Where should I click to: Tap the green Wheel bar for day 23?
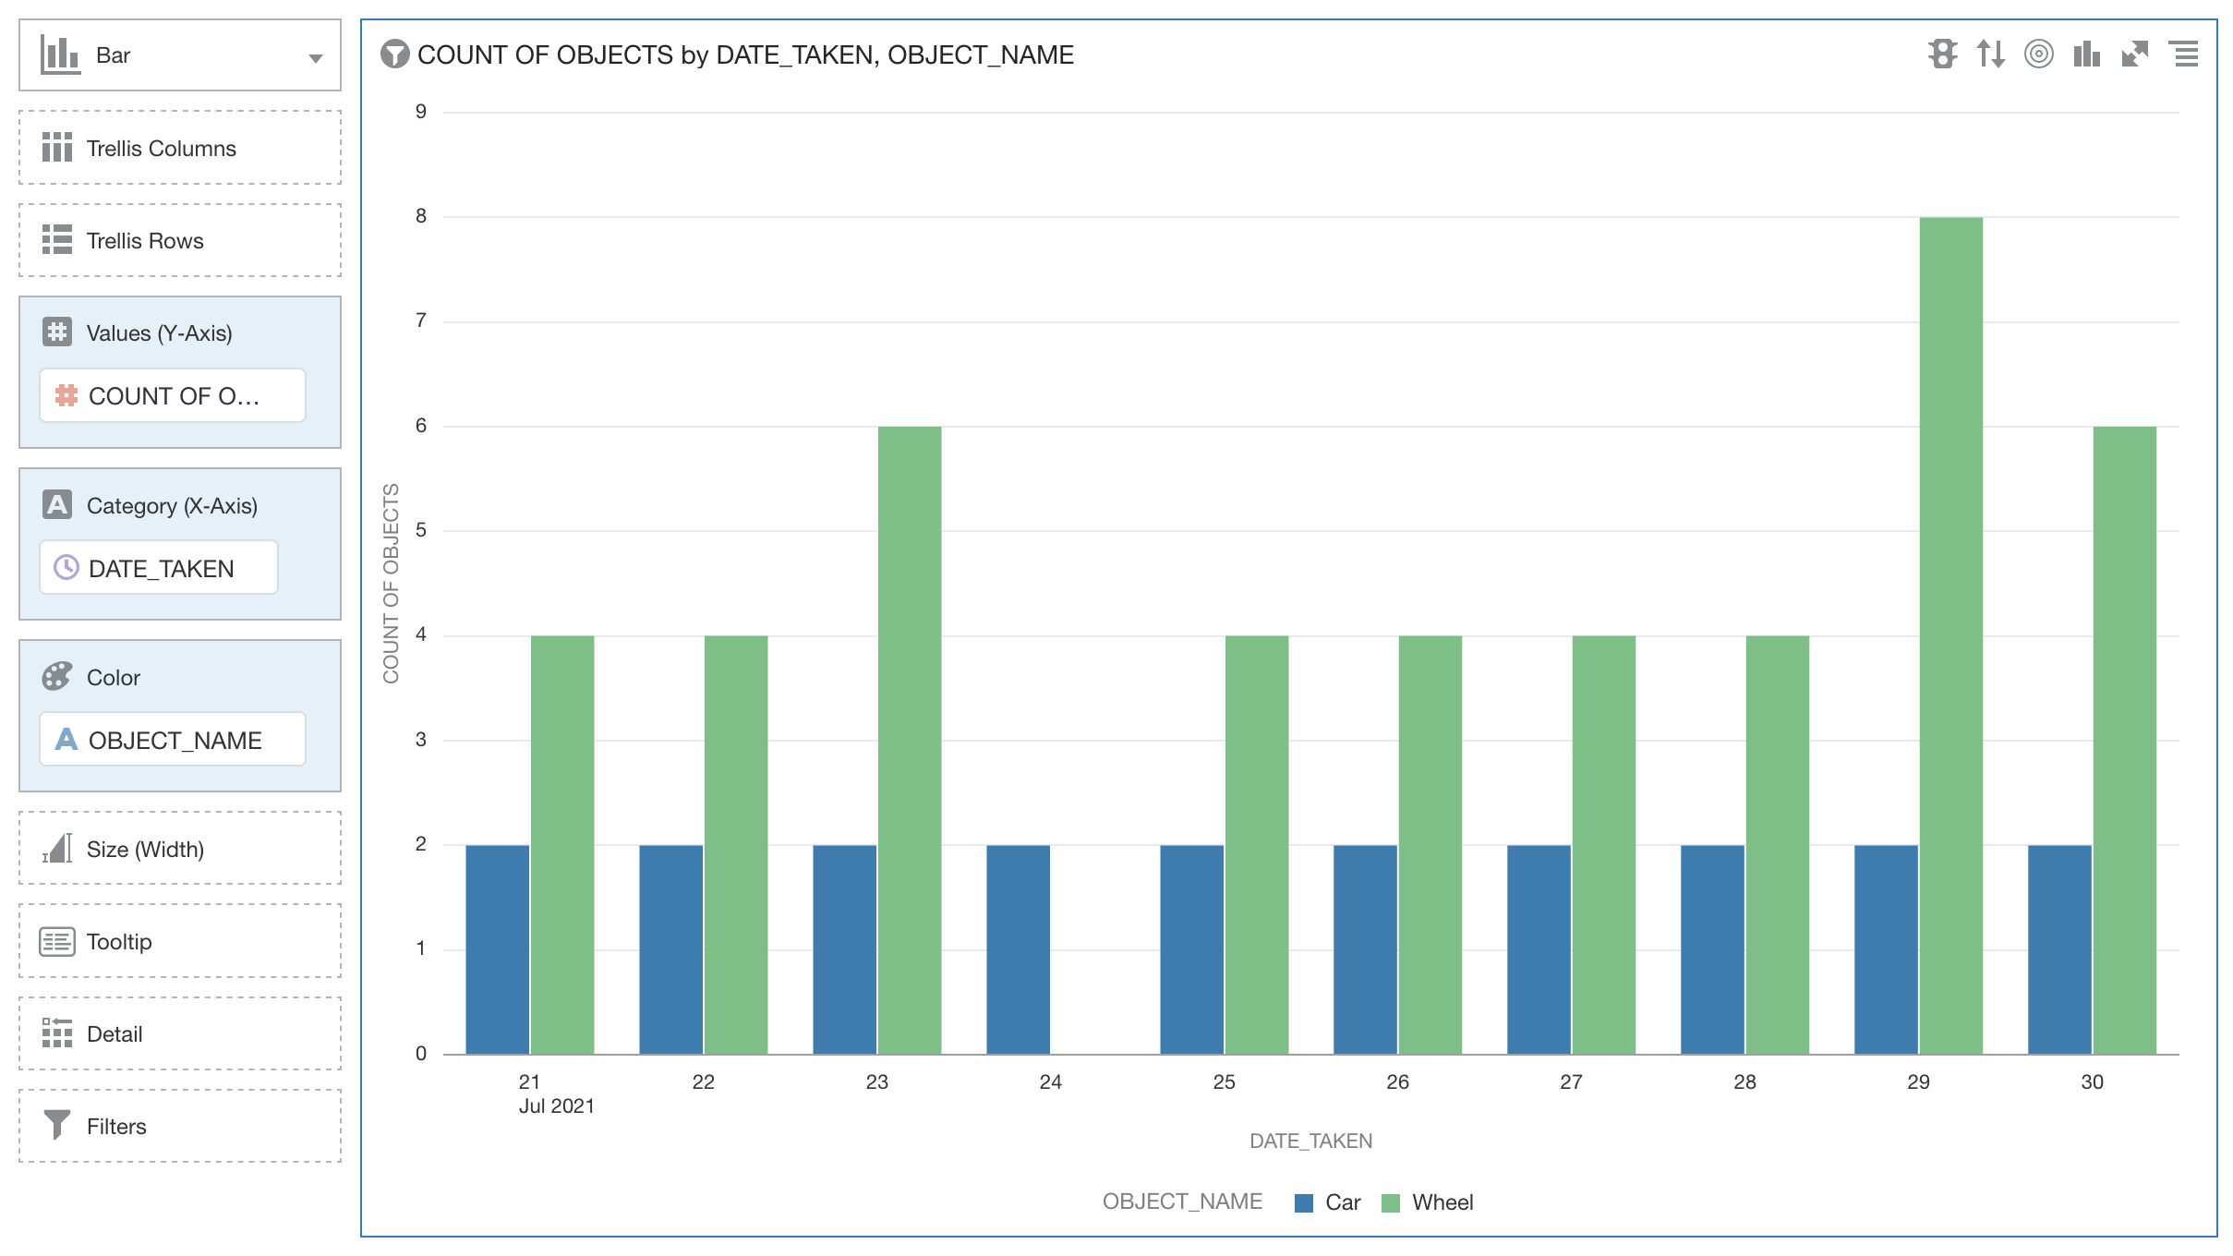coord(909,739)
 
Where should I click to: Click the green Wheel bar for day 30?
coord(2124,739)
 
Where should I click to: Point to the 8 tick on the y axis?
coord(421,216)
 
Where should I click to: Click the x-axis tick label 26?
coord(1397,1081)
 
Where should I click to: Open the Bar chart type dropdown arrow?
coord(315,57)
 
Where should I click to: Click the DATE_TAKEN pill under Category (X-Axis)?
coord(159,568)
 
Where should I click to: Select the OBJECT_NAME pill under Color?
coord(173,740)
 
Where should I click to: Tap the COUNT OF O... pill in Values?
coord(173,396)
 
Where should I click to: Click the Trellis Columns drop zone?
coord(180,148)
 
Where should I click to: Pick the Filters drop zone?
coord(180,1126)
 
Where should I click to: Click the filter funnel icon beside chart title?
coord(394,54)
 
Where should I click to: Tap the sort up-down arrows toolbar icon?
coord(1990,54)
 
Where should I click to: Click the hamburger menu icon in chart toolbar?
coord(2184,54)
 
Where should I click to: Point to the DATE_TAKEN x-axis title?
coord(1310,1141)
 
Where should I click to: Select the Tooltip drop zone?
coord(180,941)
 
